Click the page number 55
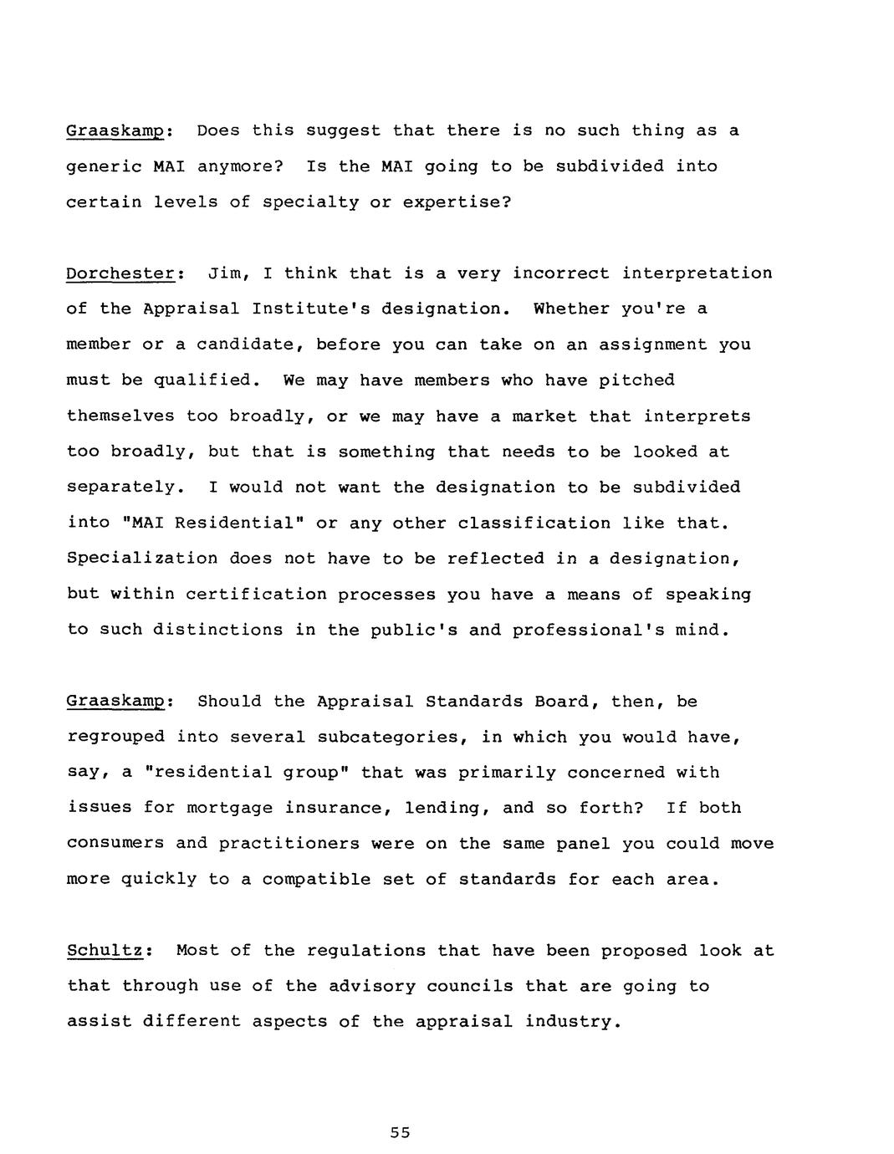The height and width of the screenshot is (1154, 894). click(400, 1133)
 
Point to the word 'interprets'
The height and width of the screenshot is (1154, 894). click(697, 416)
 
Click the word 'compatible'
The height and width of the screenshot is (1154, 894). click(316, 879)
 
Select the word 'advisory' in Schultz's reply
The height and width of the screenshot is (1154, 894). click(371, 986)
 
